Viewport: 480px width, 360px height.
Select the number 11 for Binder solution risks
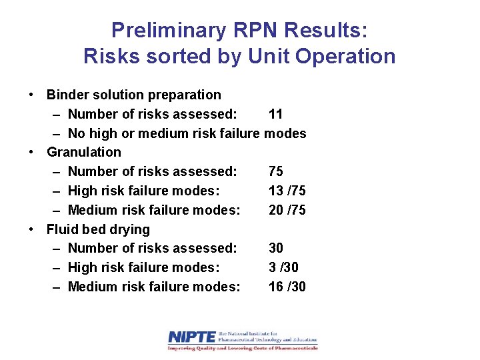coord(275,114)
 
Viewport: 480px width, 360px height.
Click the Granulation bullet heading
coord(84,152)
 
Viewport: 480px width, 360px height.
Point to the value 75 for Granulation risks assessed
coord(276,171)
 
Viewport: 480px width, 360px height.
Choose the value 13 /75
coord(287,191)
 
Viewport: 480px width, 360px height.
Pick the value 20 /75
coord(287,210)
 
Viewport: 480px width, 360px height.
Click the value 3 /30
coord(283,267)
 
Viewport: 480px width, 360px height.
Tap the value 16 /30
coord(287,287)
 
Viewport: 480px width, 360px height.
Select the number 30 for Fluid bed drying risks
coord(276,248)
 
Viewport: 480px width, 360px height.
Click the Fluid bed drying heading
coord(98,229)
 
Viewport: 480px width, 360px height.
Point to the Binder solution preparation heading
coord(133,95)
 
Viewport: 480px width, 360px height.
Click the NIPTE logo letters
coord(192,337)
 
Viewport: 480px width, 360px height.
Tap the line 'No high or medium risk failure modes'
coord(187,133)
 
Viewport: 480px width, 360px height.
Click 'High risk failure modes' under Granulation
coord(143,191)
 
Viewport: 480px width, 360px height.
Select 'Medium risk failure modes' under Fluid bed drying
coord(154,287)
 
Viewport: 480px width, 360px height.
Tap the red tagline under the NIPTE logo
coord(243,348)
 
